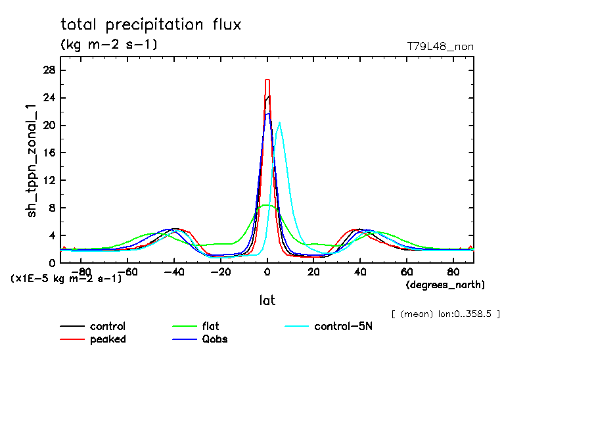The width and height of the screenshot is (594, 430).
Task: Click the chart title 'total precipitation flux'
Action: click(x=150, y=25)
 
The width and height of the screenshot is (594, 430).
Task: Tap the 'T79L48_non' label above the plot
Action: click(x=440, y=47)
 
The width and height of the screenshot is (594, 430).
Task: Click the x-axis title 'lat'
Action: click(x=267, y=300)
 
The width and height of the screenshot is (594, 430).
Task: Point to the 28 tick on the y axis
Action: click(x=49, y=70)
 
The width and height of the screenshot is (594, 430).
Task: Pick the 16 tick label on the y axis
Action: click(x=49, y=153)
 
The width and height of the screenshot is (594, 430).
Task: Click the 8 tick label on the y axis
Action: click(x=51, y=208)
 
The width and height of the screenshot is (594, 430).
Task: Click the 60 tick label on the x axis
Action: click(x=407, y=271)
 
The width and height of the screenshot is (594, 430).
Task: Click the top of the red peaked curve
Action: click(x=267, y=80)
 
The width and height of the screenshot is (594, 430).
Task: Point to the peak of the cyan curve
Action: click(x=280, y=123)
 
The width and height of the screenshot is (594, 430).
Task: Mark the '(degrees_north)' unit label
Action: click(x=445, y=285)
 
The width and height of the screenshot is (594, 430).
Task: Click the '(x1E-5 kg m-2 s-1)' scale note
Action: click(x=66, y=279)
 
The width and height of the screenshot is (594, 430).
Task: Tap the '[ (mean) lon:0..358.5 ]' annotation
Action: click(x=445, y=314)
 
